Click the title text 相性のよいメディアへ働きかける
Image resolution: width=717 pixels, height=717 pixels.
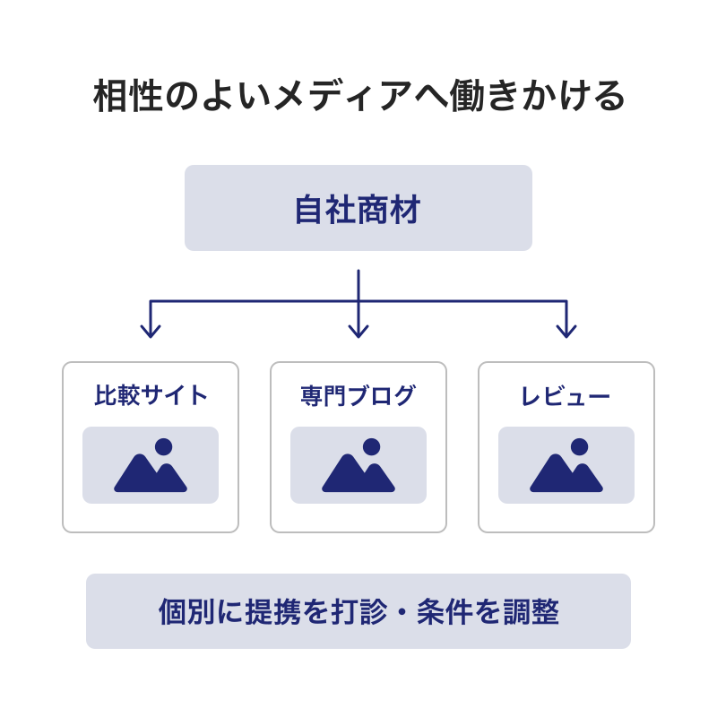point(358,96)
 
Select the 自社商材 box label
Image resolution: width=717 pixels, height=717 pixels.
point(358,210)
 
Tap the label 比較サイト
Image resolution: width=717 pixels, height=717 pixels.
point(151,395)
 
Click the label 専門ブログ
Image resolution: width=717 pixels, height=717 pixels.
point(358,395)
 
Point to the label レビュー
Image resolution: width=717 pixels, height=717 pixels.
point(566,396)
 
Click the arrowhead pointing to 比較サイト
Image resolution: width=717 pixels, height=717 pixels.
point(151,331)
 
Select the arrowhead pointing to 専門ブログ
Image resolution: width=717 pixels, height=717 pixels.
point(358,331)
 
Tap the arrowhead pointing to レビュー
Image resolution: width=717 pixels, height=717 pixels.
point(566,331)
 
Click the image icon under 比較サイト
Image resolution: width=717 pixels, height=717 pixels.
point(151,465)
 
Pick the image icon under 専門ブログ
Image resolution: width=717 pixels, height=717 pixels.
point(358,465)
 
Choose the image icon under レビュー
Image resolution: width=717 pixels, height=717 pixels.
point(566,465)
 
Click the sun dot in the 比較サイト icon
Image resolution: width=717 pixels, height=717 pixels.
point(164,446)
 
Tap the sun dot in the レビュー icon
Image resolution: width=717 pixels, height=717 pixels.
point(579,446)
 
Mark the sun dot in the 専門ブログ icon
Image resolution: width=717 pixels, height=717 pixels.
point(371,446)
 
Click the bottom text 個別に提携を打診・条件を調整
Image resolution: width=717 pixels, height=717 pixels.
point(358,611)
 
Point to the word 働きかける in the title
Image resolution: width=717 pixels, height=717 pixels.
point(537,96)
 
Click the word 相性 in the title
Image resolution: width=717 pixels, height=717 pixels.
point(128,96)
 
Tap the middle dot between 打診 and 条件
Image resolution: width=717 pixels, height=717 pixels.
point(402,612)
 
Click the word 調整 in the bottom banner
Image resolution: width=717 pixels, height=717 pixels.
point(531,611)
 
